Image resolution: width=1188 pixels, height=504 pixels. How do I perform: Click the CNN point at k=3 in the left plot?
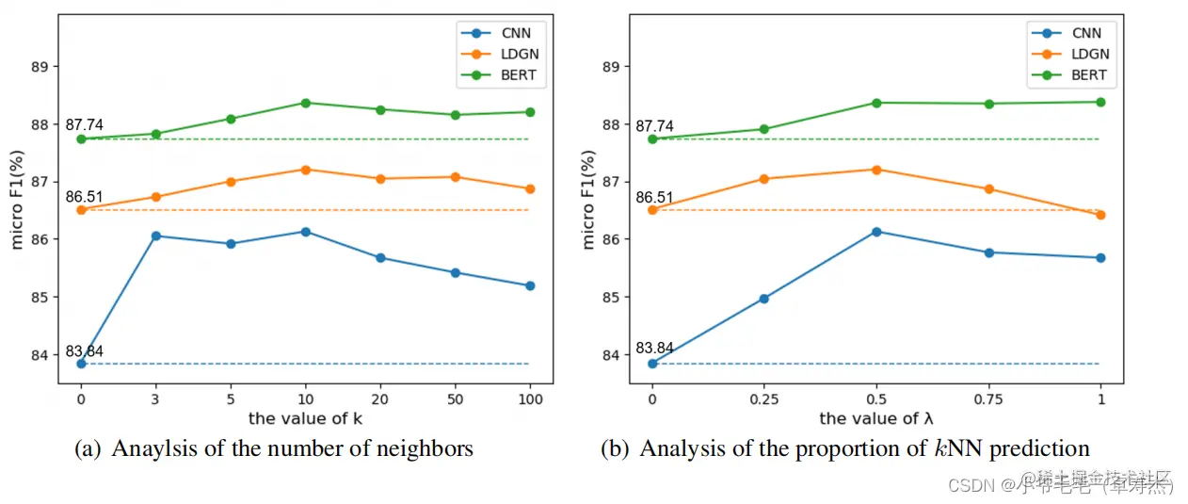tap(155, 236)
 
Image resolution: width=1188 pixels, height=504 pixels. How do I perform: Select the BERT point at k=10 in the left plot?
tap(305, 103)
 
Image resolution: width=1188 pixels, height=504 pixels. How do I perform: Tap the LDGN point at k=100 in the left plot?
tap(530, 188)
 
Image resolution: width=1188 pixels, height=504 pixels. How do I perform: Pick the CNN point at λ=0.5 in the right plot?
tap(876, 232)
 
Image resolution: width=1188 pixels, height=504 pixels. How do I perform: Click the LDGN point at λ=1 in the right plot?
tap(1100, 215)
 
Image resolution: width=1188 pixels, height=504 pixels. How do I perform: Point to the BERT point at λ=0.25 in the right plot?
tap(764, 129)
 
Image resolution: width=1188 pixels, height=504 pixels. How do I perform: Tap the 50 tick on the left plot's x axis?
tap(455, 398)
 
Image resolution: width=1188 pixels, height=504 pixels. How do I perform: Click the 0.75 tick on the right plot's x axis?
tap(988, 398)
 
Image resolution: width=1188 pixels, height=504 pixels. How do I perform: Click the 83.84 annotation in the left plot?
tap(84, 351)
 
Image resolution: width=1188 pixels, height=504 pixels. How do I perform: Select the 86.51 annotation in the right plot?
tap(655, 198)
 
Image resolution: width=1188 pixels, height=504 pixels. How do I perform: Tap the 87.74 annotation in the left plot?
tap(84, 125)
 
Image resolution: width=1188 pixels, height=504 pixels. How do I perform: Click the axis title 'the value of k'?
tap(305, 417)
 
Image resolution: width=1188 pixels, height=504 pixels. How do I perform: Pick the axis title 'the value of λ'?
tap(876, 417)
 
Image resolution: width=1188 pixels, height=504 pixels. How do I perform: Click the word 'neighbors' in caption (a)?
tap(427, 449)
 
